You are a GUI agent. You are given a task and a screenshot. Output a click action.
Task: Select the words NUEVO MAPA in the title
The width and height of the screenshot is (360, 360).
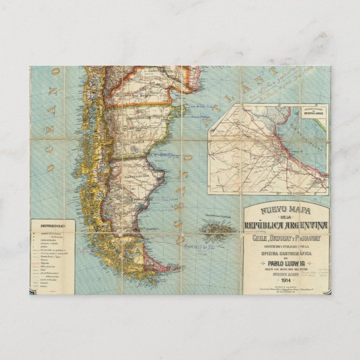pyautogui.click(x=286, y=211)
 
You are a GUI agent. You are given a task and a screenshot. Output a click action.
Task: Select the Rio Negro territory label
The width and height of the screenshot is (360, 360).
pyautogui.click(x=135, y=95)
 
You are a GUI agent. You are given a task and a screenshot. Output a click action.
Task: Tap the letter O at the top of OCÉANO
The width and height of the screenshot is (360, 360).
pyautogui.click(x=55, y=72)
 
